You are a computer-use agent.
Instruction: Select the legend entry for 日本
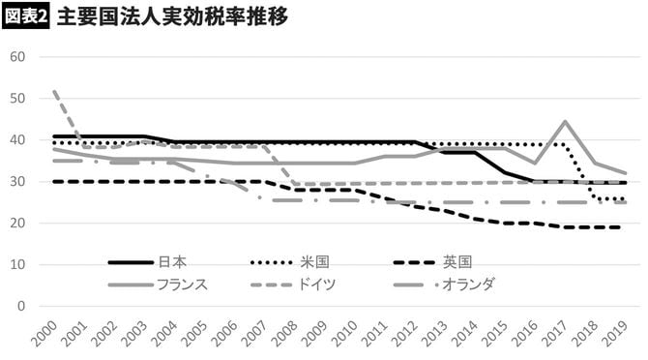[x=171, y=261]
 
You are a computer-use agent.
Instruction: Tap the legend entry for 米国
[x=315, y=261]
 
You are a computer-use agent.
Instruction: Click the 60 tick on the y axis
[x=16, y=56]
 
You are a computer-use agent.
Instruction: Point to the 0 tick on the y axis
[x=20, y=306]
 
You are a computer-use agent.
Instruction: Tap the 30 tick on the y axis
[x=16, y=181]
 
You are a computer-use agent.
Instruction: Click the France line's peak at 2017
[x=564, y=122]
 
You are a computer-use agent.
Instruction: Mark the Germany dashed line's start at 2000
[x=54, y=92]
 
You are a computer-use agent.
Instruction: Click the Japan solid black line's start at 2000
[x=54, y=136]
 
